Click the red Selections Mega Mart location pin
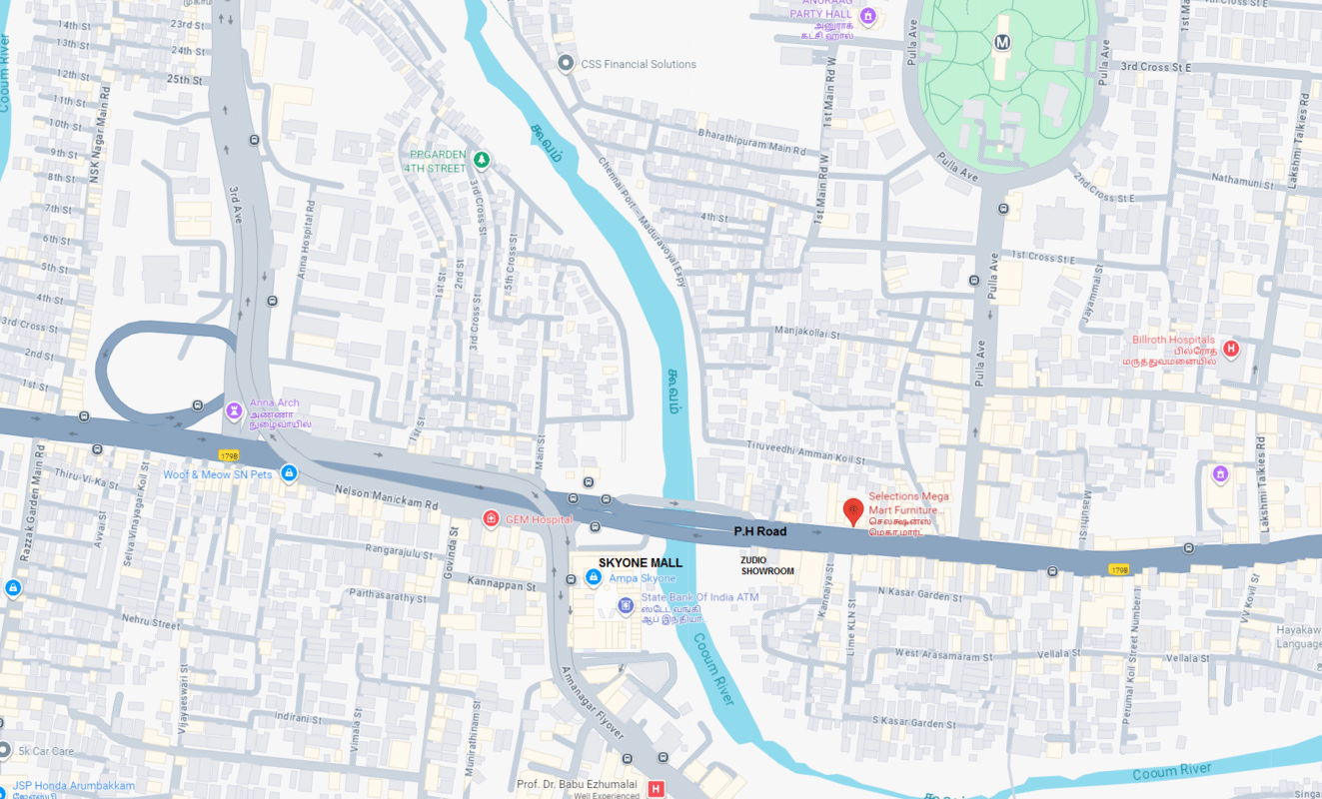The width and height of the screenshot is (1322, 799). (852, 510)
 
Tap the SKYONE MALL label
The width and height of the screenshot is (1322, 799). (641, 563)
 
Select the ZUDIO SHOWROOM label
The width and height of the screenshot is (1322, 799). (767, 565)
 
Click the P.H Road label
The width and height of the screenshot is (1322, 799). (760, 531)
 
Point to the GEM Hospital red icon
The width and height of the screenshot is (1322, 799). (491, 518)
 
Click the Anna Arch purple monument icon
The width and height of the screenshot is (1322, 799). (234, 409)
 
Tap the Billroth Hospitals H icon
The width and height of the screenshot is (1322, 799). (1231, 349)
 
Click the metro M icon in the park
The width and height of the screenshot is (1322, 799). (1002, 43)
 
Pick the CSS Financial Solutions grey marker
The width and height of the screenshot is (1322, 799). (567, 64)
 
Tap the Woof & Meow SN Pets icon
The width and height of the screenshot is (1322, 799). (289, 473)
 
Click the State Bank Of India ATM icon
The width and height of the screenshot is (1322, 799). (626, 604)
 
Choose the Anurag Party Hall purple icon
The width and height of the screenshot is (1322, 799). (867, 15)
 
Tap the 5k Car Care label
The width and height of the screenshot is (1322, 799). (46, 751)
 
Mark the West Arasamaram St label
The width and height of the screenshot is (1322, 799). (943, 656)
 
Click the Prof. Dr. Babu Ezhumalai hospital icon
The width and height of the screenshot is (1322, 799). (656, 789)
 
